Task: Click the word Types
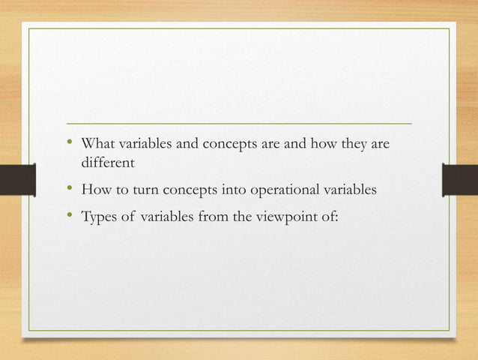coord(97,218)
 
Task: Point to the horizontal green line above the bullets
coord(240,122)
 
